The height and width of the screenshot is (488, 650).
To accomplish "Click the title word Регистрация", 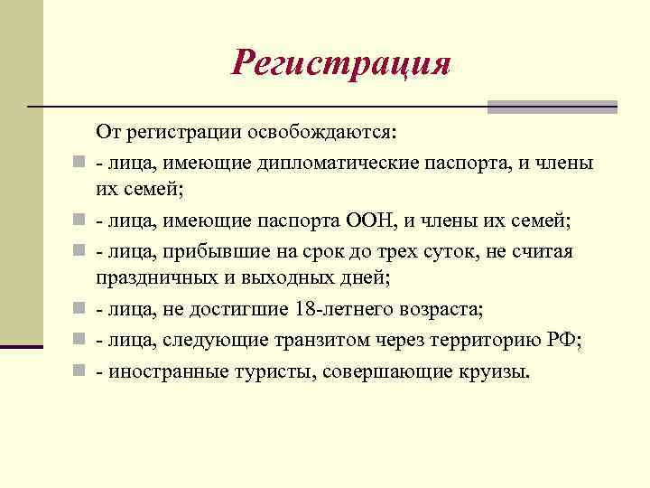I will [x=340, y=63].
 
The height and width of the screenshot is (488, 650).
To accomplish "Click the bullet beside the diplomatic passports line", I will [x=79, y=164].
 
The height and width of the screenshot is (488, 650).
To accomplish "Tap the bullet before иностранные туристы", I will [x=79, y=371].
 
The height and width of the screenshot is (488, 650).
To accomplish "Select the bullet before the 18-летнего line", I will [x=79, y=309].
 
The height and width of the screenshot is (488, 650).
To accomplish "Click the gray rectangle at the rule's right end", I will [x=552, y=107].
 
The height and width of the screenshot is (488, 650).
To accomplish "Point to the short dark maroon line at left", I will [x=22, y=347].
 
